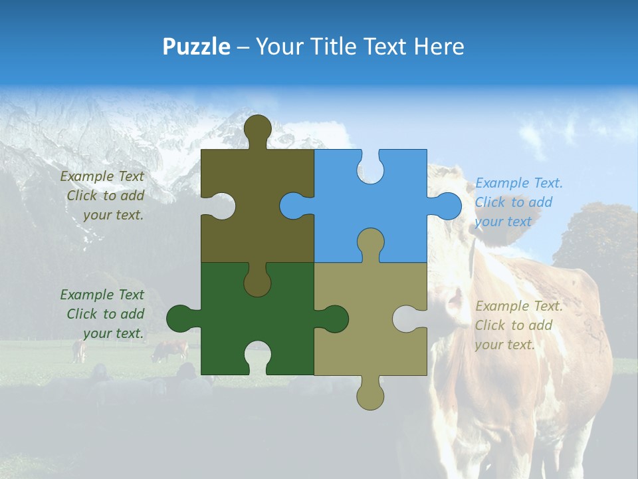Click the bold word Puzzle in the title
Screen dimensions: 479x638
[x=196, y=47]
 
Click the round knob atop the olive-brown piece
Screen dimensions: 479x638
[x=258, y=127]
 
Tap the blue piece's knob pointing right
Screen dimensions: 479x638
[x=447, y=206]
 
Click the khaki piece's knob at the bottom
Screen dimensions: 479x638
[x=370, y=396]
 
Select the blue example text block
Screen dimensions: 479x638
[x=518, y=202]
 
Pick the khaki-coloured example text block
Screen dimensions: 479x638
[x=518, y=325]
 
